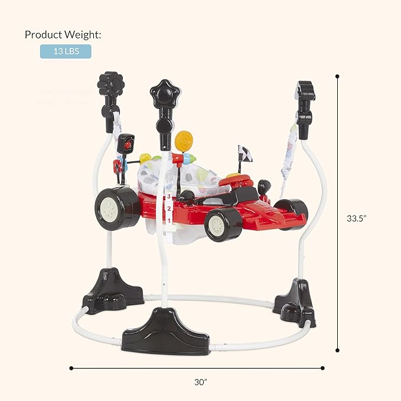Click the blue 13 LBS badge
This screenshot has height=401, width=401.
point(66,51)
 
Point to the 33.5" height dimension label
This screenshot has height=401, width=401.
point(357,218)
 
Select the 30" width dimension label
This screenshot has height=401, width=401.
point(201,382)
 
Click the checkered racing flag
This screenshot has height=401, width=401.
point(245,154)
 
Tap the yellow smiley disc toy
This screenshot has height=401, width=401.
point(184,141)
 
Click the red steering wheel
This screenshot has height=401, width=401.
point(235,181)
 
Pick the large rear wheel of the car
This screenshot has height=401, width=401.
point(117,208)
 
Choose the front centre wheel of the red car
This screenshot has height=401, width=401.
point(223,224)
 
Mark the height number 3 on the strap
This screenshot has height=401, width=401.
point(168,197)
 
